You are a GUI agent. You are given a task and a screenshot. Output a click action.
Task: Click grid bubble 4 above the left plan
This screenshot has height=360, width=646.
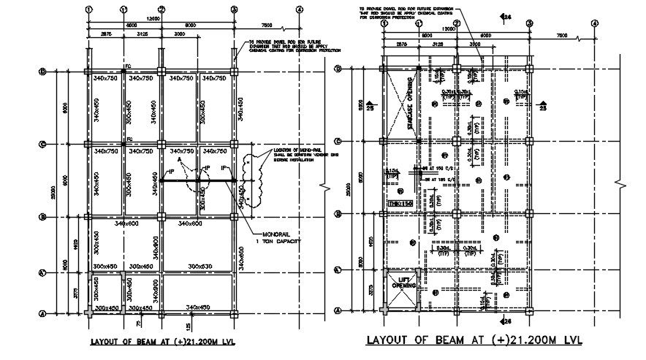299,9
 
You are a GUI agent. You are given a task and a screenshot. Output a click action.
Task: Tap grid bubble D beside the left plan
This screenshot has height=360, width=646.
42,72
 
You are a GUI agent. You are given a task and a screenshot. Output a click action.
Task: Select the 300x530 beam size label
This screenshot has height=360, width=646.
202,266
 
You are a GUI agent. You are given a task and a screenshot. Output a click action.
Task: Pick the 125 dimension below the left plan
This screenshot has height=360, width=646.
188,323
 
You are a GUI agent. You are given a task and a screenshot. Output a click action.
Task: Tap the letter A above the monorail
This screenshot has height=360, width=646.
179,159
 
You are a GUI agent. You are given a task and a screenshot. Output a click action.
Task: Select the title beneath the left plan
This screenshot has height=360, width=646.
161,341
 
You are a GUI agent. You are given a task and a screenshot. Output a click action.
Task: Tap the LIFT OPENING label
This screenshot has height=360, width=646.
402,282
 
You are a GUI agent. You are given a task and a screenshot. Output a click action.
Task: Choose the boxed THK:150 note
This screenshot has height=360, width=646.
400,204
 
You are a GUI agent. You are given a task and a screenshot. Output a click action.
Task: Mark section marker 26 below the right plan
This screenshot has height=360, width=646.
506,321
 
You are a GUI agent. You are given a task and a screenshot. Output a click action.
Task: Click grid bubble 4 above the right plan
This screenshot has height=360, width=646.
594,23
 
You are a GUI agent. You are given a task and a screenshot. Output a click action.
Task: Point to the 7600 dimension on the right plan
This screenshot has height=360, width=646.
561,36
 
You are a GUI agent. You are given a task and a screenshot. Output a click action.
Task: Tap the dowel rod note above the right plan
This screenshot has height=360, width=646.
410,12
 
